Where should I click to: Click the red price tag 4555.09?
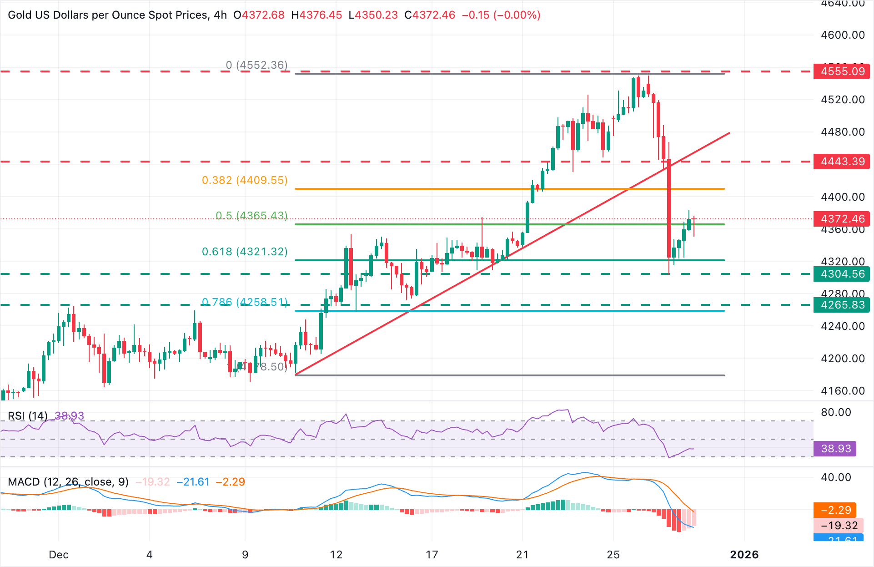click(x=842, y=71)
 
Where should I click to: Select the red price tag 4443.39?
click(x=842, y=162)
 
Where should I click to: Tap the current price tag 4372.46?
click(x=842, y=219)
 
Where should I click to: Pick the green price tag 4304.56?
click(x=842, y=274)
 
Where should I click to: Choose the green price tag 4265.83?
click(x=842, y=305)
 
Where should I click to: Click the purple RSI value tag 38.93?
click(x=835, y=449)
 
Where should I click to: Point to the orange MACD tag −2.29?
click(x=835, y=510)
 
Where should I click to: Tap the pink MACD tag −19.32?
click(x=839, y=526)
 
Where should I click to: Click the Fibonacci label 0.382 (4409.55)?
click(x=245, y=180)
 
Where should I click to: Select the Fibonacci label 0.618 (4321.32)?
click(x=245, y=252)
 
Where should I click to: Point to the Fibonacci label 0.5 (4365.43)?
click(x=251, y=215)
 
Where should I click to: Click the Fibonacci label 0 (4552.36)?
click(x=256, y=65)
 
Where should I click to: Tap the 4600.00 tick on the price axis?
click(x=843, y=35)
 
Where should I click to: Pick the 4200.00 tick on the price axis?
click(x=843, y=359)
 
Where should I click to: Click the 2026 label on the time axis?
click(x=744, y=555)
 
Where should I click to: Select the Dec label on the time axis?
click(x=59, y=555)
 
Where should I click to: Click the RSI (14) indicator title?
click(x=28, y=416)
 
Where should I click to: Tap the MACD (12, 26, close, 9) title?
click(x=68, y=482)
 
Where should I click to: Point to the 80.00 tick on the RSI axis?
click(x=836, y=412)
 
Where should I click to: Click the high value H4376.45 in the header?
click(x=316, y=15)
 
